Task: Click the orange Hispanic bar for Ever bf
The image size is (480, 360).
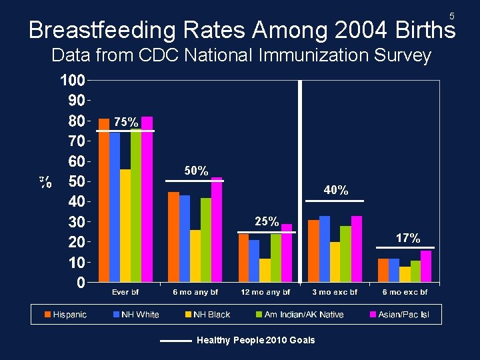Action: [104, 200]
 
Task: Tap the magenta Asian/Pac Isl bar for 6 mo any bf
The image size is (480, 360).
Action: [216, 229]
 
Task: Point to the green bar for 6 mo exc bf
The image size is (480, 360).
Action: [415, 271]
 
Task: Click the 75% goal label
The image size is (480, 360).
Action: [126, 122]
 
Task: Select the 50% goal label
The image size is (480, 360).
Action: [197, 171]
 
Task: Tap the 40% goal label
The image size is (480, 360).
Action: [336, 191]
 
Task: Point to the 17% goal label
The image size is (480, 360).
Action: [407, 238]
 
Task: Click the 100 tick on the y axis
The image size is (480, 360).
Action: [73, 81]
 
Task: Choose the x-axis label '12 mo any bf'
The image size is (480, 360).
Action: [265, 292]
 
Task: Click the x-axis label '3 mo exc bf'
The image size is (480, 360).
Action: [335, 292]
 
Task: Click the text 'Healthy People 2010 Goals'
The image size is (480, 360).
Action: [256, 340]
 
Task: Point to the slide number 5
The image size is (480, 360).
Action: [451, 15]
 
